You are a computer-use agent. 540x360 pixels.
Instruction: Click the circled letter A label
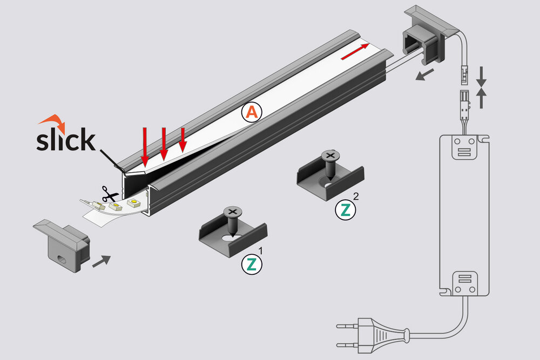252,112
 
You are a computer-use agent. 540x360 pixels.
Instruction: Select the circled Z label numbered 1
251,264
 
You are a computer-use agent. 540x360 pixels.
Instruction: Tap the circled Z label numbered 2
346,210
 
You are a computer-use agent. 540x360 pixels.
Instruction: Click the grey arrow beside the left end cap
102,261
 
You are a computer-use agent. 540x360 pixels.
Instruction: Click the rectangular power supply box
464,216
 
